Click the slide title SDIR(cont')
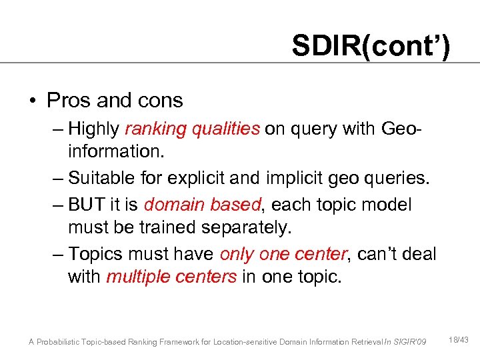(371, 46)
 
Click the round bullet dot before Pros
(32, 101)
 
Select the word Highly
(93, 128)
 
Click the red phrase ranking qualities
(192, 128)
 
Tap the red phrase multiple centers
(171, 277)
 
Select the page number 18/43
(460, 340)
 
